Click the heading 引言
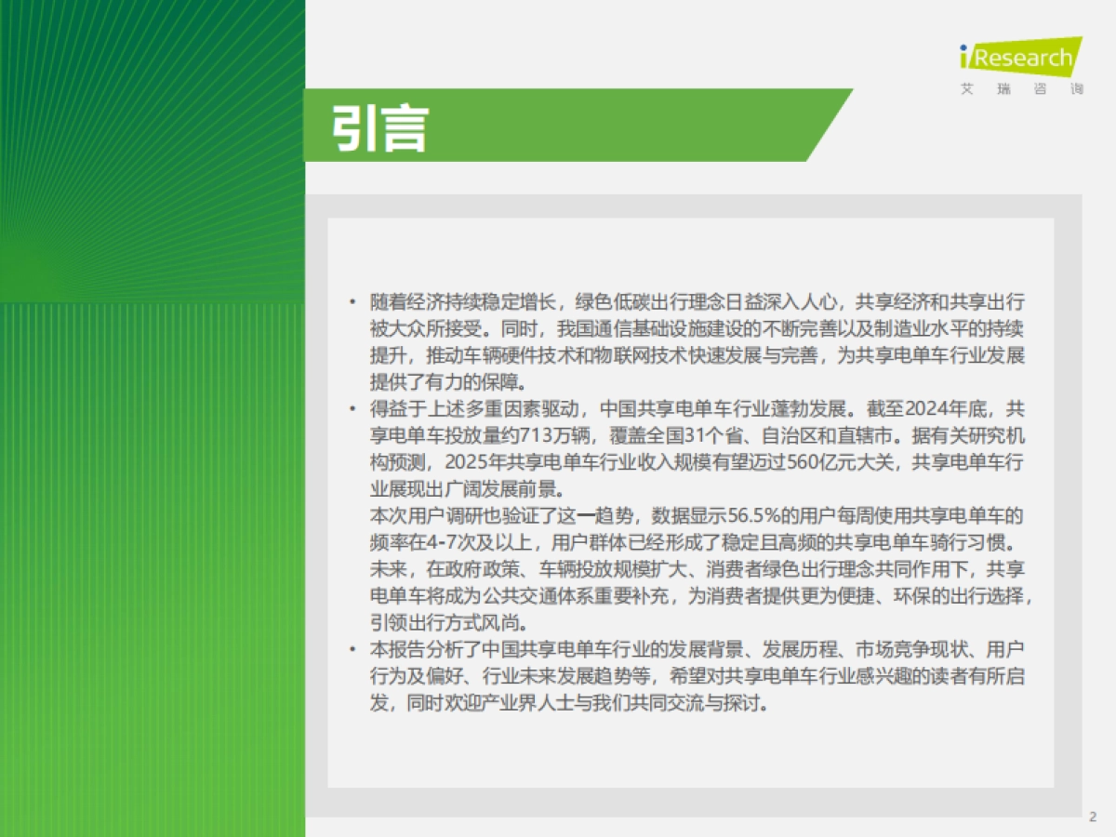point(379,127)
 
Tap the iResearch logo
point(1020,59)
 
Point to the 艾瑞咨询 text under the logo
point(1021,90)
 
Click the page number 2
point(1093,817)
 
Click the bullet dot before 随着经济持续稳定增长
point(352,302)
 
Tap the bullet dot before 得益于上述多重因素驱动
point(352,408)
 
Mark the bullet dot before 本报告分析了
point(352,648)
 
